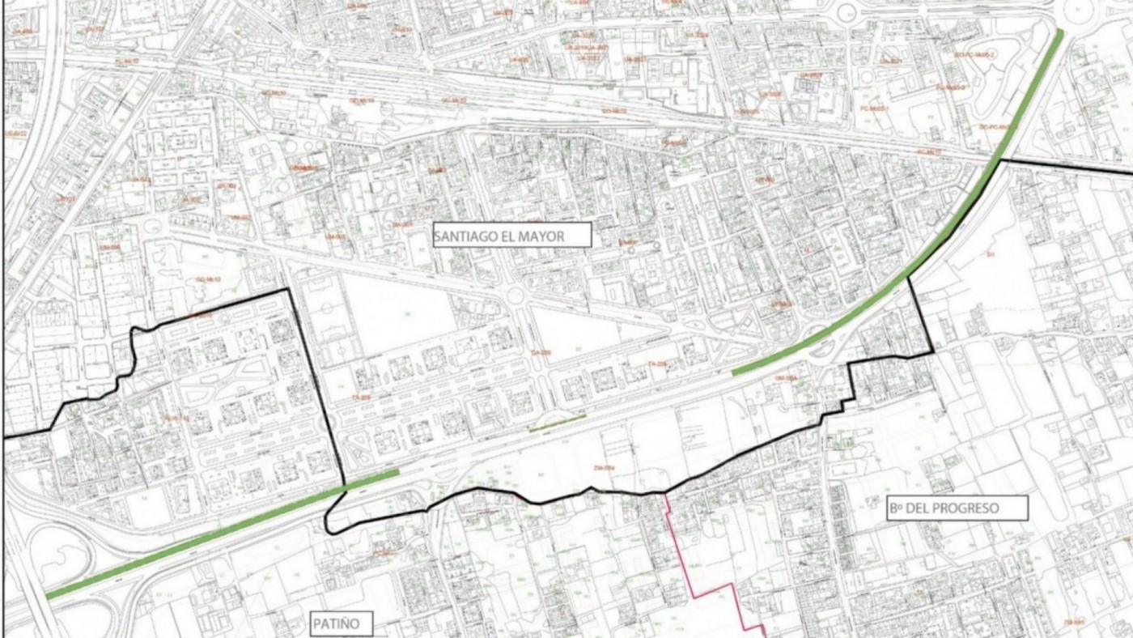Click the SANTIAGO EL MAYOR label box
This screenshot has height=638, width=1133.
pos(511,236)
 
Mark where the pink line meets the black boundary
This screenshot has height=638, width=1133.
pos(666,492)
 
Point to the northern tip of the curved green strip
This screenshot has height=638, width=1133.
pos(1061,33)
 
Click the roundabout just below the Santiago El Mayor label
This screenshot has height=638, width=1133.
pos(516,296)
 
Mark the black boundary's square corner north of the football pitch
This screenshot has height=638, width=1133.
pos(288,290)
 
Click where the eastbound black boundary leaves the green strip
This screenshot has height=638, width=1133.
pos(1001,160)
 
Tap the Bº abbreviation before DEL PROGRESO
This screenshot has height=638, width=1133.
pos(896,508)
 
